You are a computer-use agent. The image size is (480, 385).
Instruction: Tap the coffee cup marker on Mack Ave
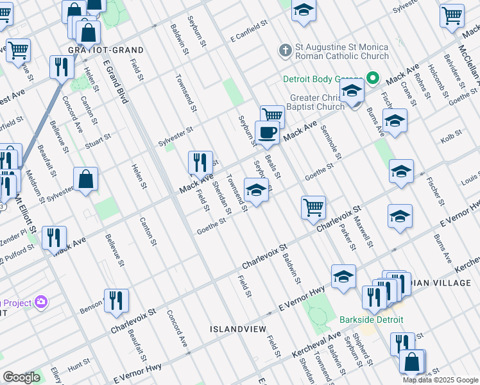point(267,132)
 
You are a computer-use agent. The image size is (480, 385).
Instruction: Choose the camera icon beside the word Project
point(42,301)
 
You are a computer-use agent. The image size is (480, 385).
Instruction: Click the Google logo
point(22,377)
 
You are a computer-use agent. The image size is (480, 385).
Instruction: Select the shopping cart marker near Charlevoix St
point(313,207)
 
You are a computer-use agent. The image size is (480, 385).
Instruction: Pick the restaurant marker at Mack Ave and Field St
point(200,162)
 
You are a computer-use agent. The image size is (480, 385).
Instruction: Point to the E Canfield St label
point(249,31)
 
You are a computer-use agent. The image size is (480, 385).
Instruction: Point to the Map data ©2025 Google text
point(440,380)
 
